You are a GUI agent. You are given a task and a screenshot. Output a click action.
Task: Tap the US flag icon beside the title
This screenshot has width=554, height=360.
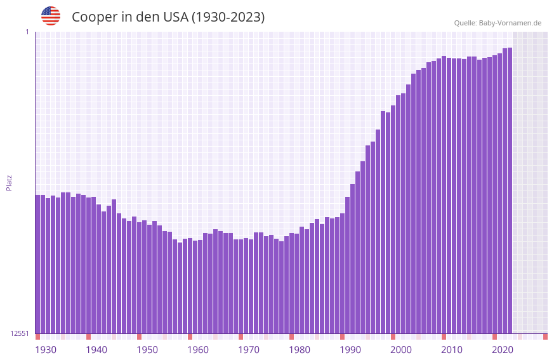coord(51,16)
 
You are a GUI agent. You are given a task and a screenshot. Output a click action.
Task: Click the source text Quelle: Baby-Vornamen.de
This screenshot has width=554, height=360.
coord(498,23)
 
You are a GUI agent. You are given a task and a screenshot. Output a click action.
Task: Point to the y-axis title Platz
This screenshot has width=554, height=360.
coord(9,182)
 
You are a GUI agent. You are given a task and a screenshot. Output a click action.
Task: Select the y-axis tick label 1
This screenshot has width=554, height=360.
coord(27,32)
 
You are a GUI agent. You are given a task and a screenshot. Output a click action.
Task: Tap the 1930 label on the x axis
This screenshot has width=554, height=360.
coord(46,350)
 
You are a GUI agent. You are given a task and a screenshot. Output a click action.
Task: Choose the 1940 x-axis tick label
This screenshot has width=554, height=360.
coord(96,350)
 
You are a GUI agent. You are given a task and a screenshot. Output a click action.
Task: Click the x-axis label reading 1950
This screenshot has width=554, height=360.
coord(147,350)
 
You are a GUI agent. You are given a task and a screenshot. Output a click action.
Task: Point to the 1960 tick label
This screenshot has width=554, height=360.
coord(198,350)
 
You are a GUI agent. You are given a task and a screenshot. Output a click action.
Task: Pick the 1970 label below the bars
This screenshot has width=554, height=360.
coord(249,350)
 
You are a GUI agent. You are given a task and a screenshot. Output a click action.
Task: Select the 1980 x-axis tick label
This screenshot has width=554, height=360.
coord(300,350)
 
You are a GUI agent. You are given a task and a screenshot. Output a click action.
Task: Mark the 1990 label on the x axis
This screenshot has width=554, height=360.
coord(350,350)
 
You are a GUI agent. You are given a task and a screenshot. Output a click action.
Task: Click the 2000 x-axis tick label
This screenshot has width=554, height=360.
coord(401,350)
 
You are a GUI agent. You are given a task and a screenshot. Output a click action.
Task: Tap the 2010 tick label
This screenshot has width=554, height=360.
coord(452,350)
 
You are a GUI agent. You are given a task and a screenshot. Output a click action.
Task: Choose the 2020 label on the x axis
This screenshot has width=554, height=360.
coord(503,350)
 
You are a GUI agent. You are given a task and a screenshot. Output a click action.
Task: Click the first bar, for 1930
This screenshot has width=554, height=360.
coord(37,263)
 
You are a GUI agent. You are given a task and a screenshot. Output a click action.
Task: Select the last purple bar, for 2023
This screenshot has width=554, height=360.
coord(510,190)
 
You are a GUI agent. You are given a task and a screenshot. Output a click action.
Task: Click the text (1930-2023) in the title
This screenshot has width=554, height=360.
coord(228,17)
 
